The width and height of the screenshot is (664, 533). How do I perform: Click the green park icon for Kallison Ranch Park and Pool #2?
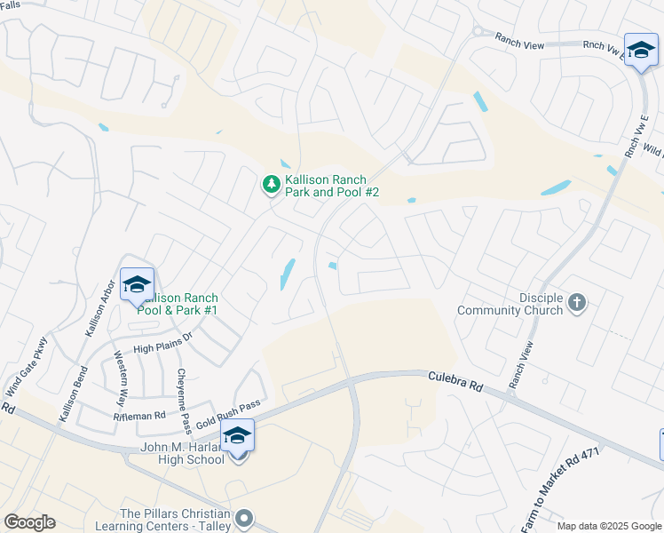(x=271, y=185)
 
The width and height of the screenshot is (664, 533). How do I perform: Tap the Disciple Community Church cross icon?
(x=576, y=304)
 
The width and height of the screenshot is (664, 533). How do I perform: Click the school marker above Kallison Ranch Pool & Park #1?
(x=137, y=286)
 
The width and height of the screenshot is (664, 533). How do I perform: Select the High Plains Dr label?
(x=162, y=344)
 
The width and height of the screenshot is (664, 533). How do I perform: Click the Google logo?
(x=29, y=522)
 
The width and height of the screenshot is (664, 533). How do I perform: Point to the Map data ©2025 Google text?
(x=608, y=526)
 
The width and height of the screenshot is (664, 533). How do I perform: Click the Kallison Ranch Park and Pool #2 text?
(x=332, y=185)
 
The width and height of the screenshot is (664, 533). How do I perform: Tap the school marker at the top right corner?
(x=640, y=52)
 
